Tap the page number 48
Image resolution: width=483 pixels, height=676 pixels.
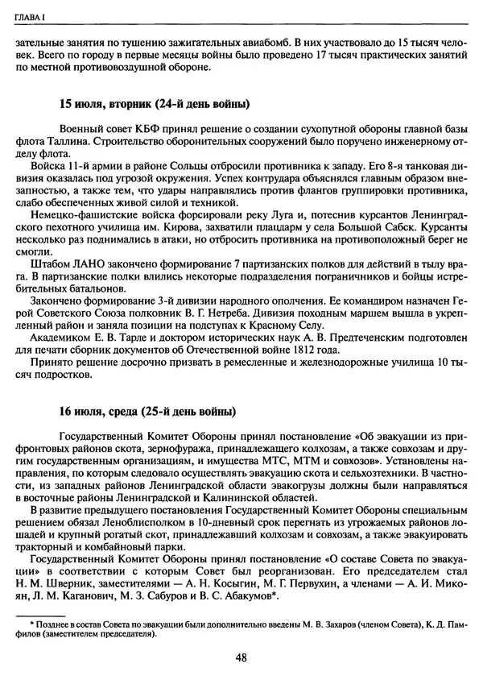pyautogui.click(x=242, y=657)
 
